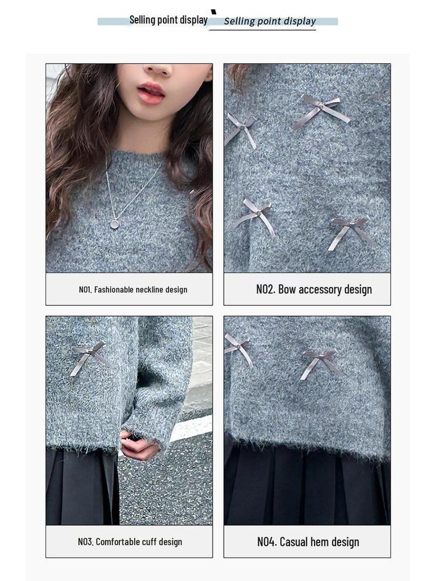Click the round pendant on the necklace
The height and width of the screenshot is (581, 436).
(114, 224)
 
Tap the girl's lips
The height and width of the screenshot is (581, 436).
(151, 93)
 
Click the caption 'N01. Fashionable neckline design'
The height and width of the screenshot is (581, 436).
(133, 289)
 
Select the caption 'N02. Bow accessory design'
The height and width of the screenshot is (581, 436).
(314, 289)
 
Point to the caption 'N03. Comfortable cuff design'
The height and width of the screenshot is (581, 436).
(130, 542)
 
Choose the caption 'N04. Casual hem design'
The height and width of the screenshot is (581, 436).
(308, 542)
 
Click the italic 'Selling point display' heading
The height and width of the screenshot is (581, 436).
(270, 22)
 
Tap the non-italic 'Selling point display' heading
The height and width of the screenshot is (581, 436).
(168, 20)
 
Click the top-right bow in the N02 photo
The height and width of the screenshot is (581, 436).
(322, 109)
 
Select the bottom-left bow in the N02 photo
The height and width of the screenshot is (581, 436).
(255, 214)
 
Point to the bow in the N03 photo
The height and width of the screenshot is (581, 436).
(89, 356)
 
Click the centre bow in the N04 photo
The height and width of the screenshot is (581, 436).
(321, 360)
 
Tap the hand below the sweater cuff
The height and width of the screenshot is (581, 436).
(138, 445)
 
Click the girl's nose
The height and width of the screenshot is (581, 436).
(158, 69)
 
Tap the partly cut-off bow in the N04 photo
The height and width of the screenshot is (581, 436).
(237, 347)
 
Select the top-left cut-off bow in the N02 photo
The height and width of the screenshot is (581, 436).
(240, 128)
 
